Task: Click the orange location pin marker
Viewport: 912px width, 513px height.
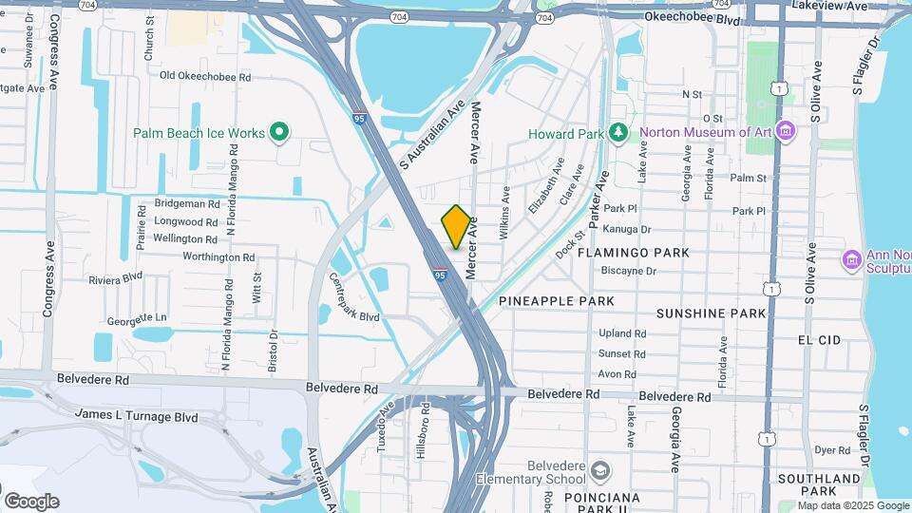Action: (x=456, y=226)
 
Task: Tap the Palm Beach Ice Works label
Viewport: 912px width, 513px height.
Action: (x=199, y=133)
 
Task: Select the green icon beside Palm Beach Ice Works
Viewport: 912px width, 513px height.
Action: (x=279, y=132)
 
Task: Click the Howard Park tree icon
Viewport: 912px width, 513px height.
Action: (x=618, y=132)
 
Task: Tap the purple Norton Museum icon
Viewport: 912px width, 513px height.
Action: (x=785, y=131)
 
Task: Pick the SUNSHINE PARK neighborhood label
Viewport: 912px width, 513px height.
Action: (x=711, y=313)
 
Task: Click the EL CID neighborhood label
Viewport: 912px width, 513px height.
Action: (x=820, y=339)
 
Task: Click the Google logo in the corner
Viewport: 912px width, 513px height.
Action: (x=31, y=501)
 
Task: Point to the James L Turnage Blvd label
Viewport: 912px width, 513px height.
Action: (x=136, y=416)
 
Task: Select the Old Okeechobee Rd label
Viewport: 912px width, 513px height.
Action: (x=205, y=75)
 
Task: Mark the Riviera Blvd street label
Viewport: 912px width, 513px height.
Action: (x=115, y=279)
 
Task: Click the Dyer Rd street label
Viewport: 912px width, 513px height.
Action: (x=831, y=450)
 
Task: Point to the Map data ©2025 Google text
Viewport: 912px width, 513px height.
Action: (x=853, y=505)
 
